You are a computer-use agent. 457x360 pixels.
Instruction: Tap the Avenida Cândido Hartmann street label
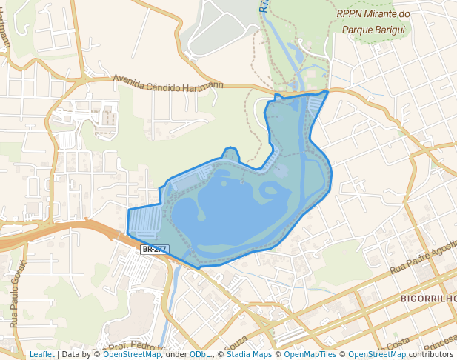pyautogui.click(x=167, y=83)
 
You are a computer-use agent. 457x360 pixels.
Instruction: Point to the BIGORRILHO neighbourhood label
pyautogui.click(x=427, y=299)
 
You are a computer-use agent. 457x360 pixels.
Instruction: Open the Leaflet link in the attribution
pyautogui.click(x=41, y=355)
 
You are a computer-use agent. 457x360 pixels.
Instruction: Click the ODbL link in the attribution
pyautogui.click(x=199, y=355)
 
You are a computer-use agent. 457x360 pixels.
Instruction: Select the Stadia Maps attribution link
pyautogui.click(x=249, y=355)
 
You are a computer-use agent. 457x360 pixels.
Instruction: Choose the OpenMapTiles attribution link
pyautogui.click(x=310, y=355)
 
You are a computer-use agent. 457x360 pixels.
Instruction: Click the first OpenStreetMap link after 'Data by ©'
pyautogui.click(x=132, y=355)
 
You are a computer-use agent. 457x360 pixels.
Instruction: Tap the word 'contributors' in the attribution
pyautogui.click(x=431, y=355)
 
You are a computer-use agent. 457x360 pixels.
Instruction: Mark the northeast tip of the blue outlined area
pyautogui.click(x=327, y=92)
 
